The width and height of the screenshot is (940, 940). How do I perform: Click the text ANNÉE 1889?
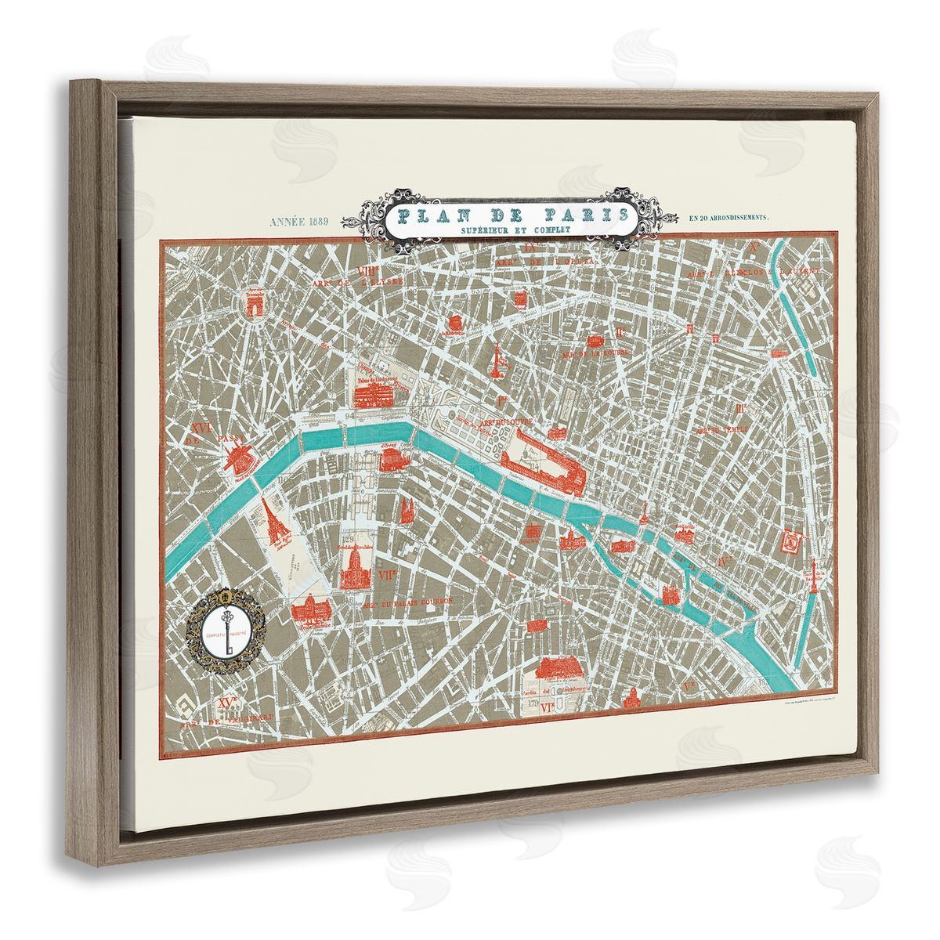click(301, 222)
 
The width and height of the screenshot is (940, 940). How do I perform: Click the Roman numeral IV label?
click(725, 562)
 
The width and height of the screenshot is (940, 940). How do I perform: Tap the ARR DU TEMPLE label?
click(720, 431)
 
